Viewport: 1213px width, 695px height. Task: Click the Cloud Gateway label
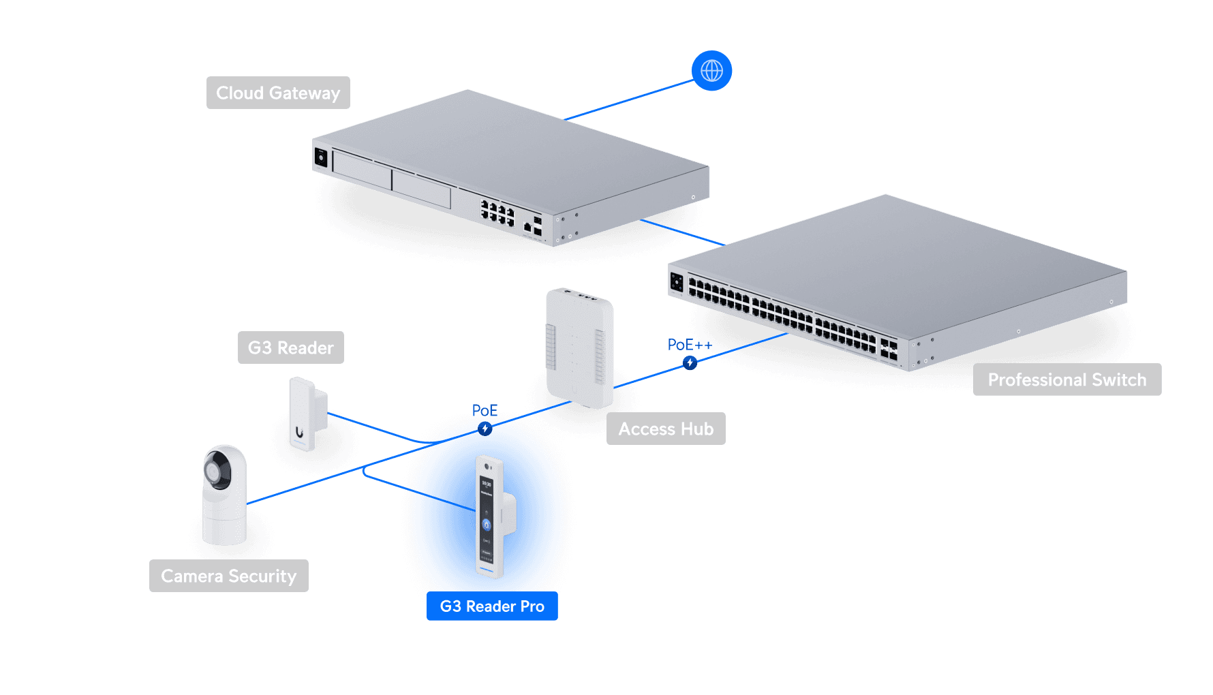coord(278,93)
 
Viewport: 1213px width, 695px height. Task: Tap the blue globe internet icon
coord(711,70)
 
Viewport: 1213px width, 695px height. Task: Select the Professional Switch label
coord(1066,380)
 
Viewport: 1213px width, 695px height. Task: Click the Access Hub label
coord(666,429)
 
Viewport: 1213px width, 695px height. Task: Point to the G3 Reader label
coord(291,347)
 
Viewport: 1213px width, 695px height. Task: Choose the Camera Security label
coord(229,576)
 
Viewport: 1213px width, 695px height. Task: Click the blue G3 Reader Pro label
coord(492,606)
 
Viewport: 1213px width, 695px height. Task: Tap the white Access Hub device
coord(580,347)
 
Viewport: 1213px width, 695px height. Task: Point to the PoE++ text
coord(689,345)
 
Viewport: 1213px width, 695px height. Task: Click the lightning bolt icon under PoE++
coord(690,362)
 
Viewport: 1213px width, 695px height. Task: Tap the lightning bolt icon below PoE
coord(485,429)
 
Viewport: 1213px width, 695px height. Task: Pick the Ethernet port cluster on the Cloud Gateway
coord(497,213)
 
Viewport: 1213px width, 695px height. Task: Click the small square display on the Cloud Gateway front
coord(321,158)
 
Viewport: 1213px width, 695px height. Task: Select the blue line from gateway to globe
coord(627,100)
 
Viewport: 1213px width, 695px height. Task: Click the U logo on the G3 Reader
coord(299,432)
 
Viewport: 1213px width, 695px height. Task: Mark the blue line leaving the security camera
coord(307,485)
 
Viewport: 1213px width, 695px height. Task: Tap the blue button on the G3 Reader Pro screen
coord(487,524)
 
